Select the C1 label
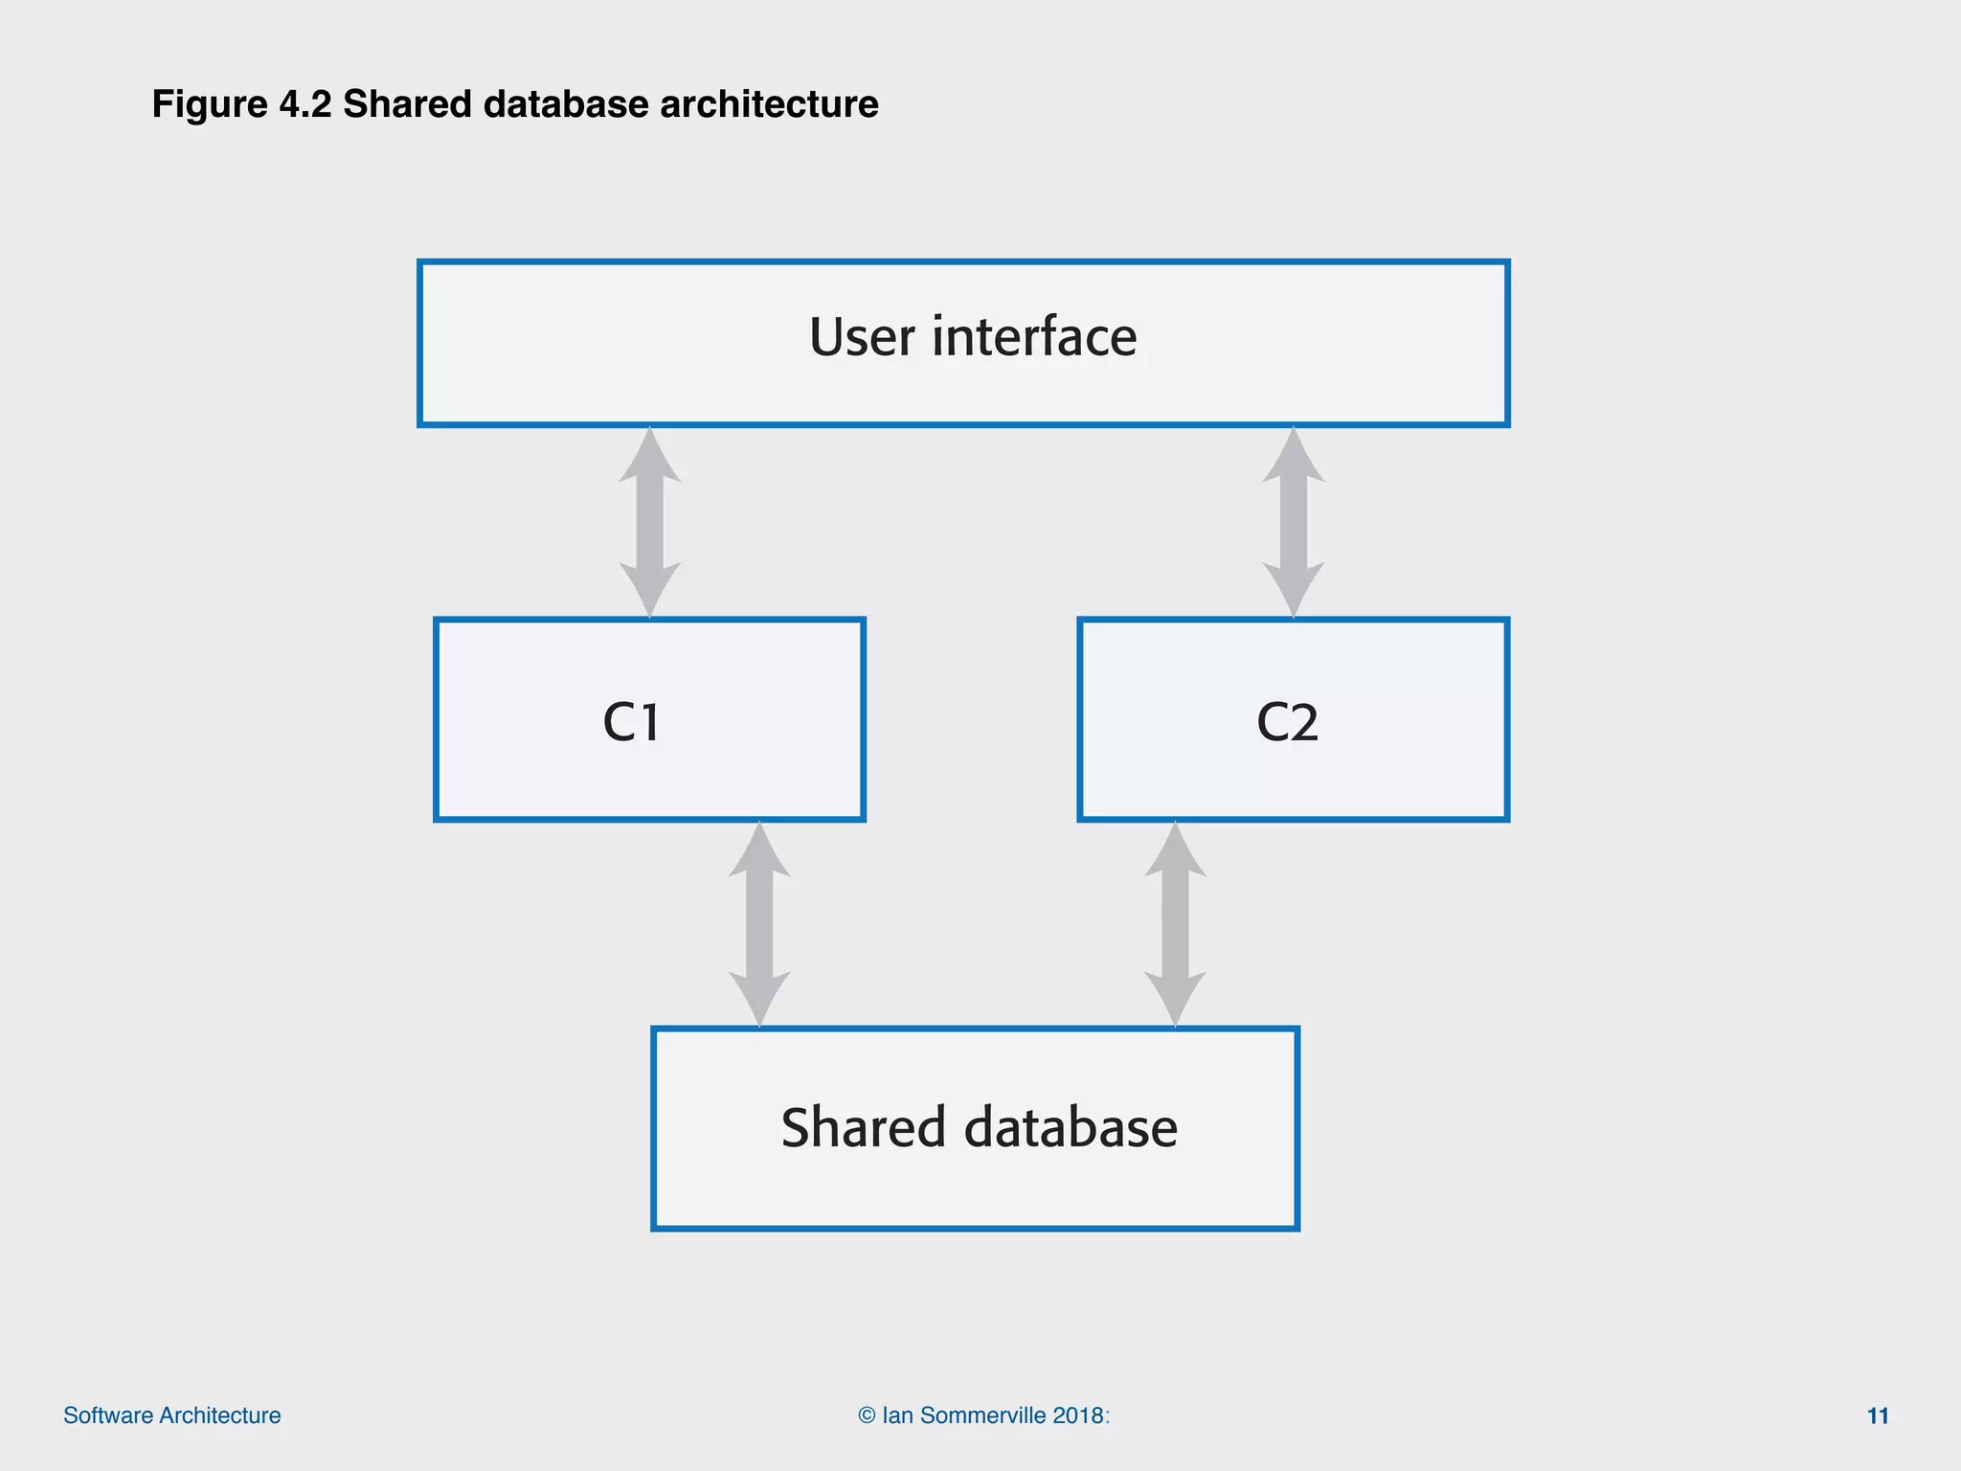click(x=632, y=722)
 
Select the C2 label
click(x=1287, y=722)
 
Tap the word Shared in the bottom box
click(x=863, y=1127)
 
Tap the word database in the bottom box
click(x=1071, y=1127)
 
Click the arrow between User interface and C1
click(x=650, y=522)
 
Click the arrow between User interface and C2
click(x=1294, y=522)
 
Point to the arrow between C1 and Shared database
click(x=759, y=924)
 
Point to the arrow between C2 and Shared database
click(x=1175, y=924)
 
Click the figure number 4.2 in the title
click(x=304, y=104)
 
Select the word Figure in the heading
click(x=210, y=104)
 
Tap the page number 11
click(x=1878, y=1415)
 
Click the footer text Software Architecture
click(x=172, y=1415)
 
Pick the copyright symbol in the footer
click(x=867, y=1415)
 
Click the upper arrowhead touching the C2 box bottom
click(x=1175, y=852)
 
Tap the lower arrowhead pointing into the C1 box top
click(x=650, y=589)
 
